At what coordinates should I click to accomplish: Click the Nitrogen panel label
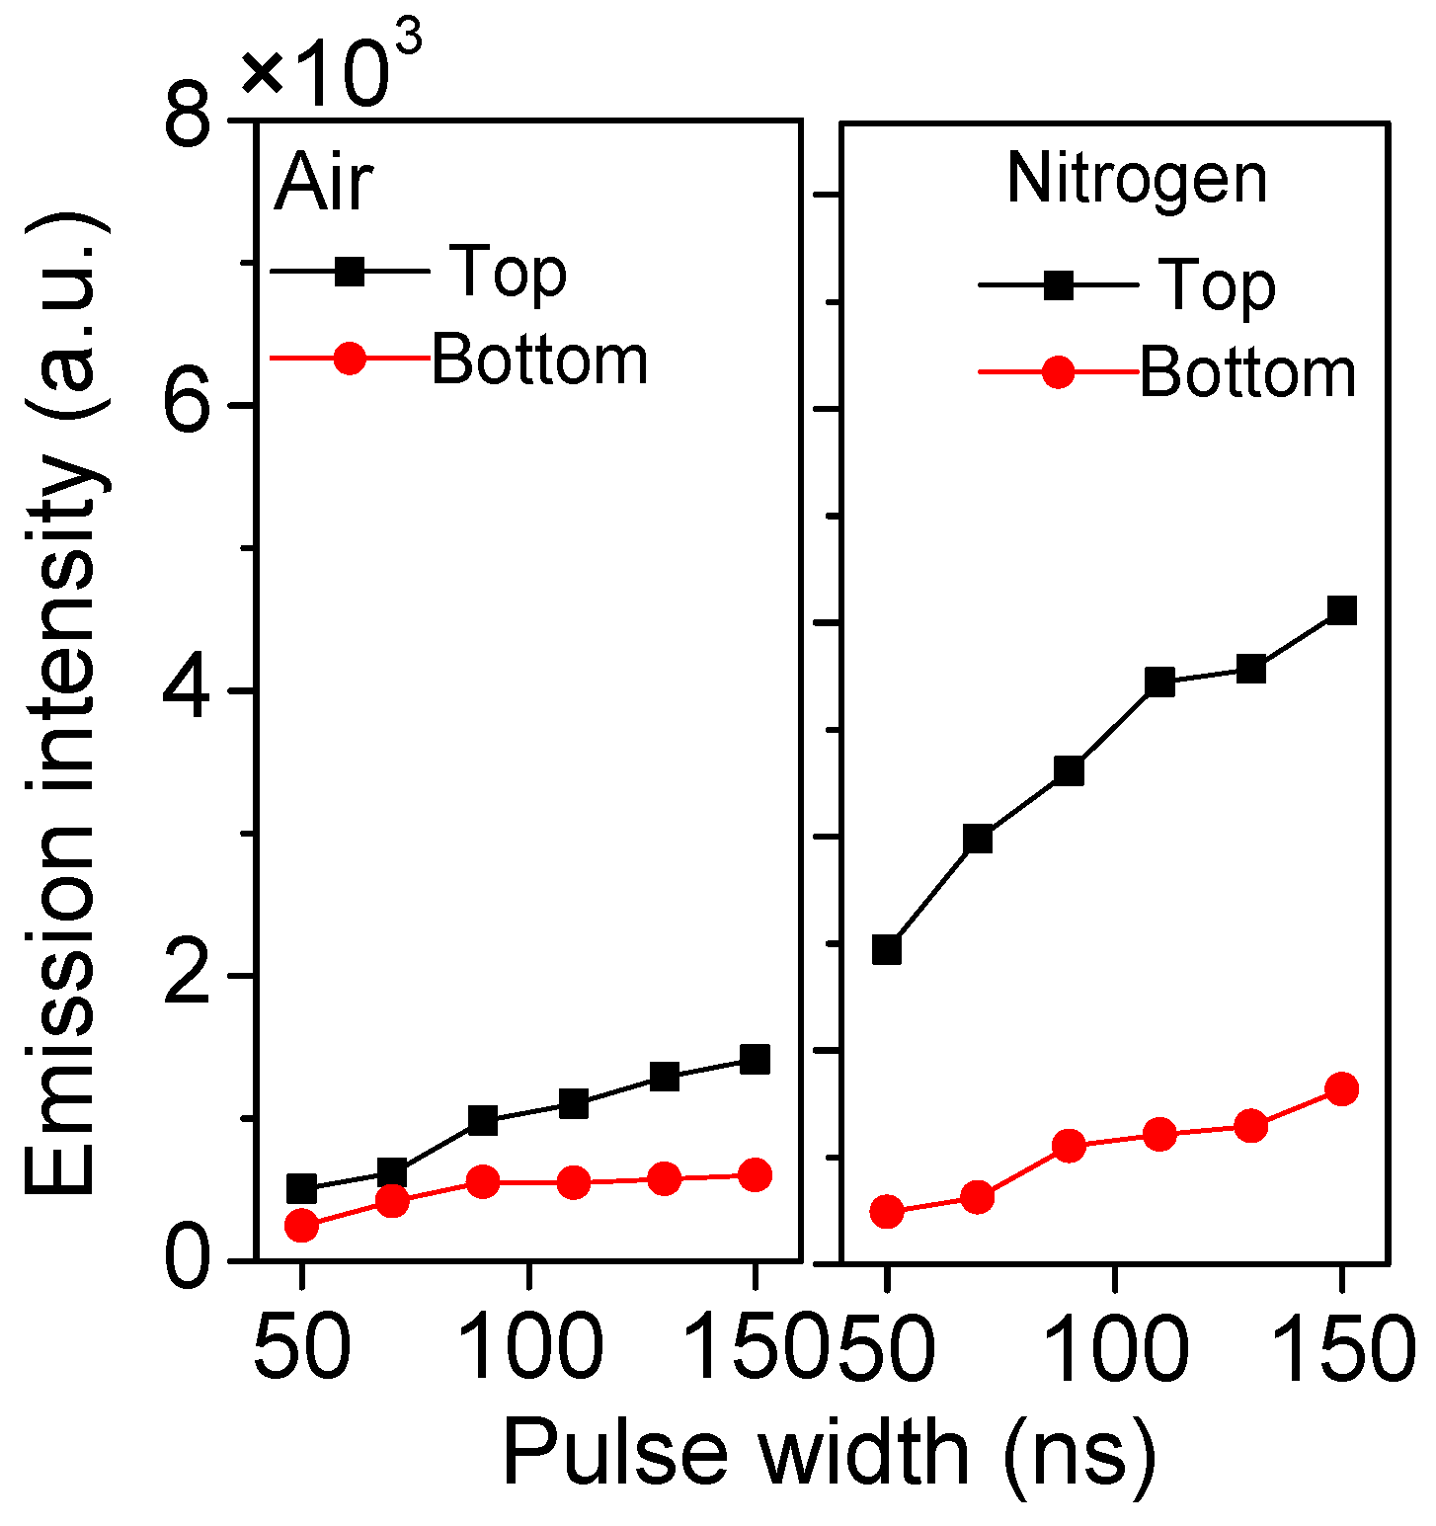pyautogui.click(x=1136, y=180)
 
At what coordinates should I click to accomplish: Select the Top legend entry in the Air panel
pyautogui.click(x=509, y=271)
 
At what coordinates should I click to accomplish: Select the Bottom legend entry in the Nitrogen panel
pyautogui.click(x=1247, y=373)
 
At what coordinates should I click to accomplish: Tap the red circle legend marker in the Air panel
pyautogui.click(x=350, y=359)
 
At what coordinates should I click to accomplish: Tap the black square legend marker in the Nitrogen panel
pyautogui.click(x=1058, y=285)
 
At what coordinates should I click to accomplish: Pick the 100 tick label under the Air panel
pyautogui.click(x=531, y=1347)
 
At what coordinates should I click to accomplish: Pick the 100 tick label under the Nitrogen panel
pyautogui.click(x=1116, y=1347)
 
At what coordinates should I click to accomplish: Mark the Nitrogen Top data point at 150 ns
pyautogui.click(x=1341, y=610)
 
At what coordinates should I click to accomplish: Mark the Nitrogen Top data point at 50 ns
pyautogui.click(x=887, y=950)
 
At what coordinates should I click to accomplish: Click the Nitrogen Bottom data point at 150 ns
pyautogui.click(x=1341, y=1089)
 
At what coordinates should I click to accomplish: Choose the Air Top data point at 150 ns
pyautogui.click(x=755, y=1059)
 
